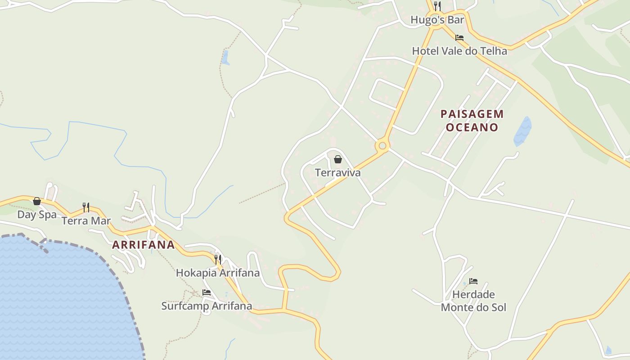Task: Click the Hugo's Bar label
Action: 437,20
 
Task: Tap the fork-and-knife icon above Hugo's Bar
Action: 437,6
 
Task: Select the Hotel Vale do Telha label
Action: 459,51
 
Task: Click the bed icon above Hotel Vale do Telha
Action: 459,38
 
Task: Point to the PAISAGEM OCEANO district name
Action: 472,121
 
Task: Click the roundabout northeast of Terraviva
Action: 382,145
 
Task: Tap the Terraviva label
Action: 337,172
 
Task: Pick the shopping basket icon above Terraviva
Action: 338,159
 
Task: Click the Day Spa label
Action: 37,214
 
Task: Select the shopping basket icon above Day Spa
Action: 37,201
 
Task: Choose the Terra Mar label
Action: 86,220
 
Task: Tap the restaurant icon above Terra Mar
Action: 86,207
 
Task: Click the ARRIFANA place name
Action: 143,245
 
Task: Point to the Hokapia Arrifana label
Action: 218,273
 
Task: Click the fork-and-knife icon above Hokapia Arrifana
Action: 218,260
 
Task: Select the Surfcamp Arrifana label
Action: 207,306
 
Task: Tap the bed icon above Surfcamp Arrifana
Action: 207,292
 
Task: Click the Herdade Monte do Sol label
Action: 473,301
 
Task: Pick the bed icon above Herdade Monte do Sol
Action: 473,281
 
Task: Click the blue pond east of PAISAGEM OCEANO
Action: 522,131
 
